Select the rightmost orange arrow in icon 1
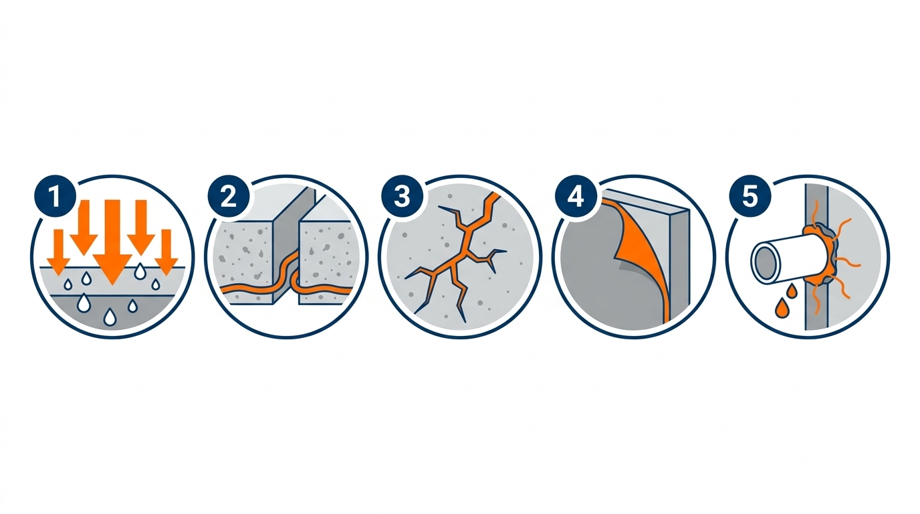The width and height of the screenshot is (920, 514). [166, 252]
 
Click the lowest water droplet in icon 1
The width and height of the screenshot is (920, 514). [110, 317]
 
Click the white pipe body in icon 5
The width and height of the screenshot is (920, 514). [786, 260]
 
